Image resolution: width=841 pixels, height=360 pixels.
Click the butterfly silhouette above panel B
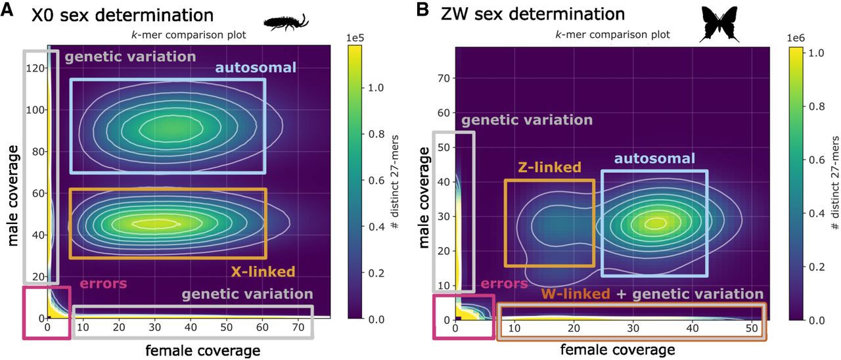[721, 24]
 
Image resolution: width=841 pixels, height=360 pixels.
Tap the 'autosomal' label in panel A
[256, 67]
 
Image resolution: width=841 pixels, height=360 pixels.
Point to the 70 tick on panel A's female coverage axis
[296, 327]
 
